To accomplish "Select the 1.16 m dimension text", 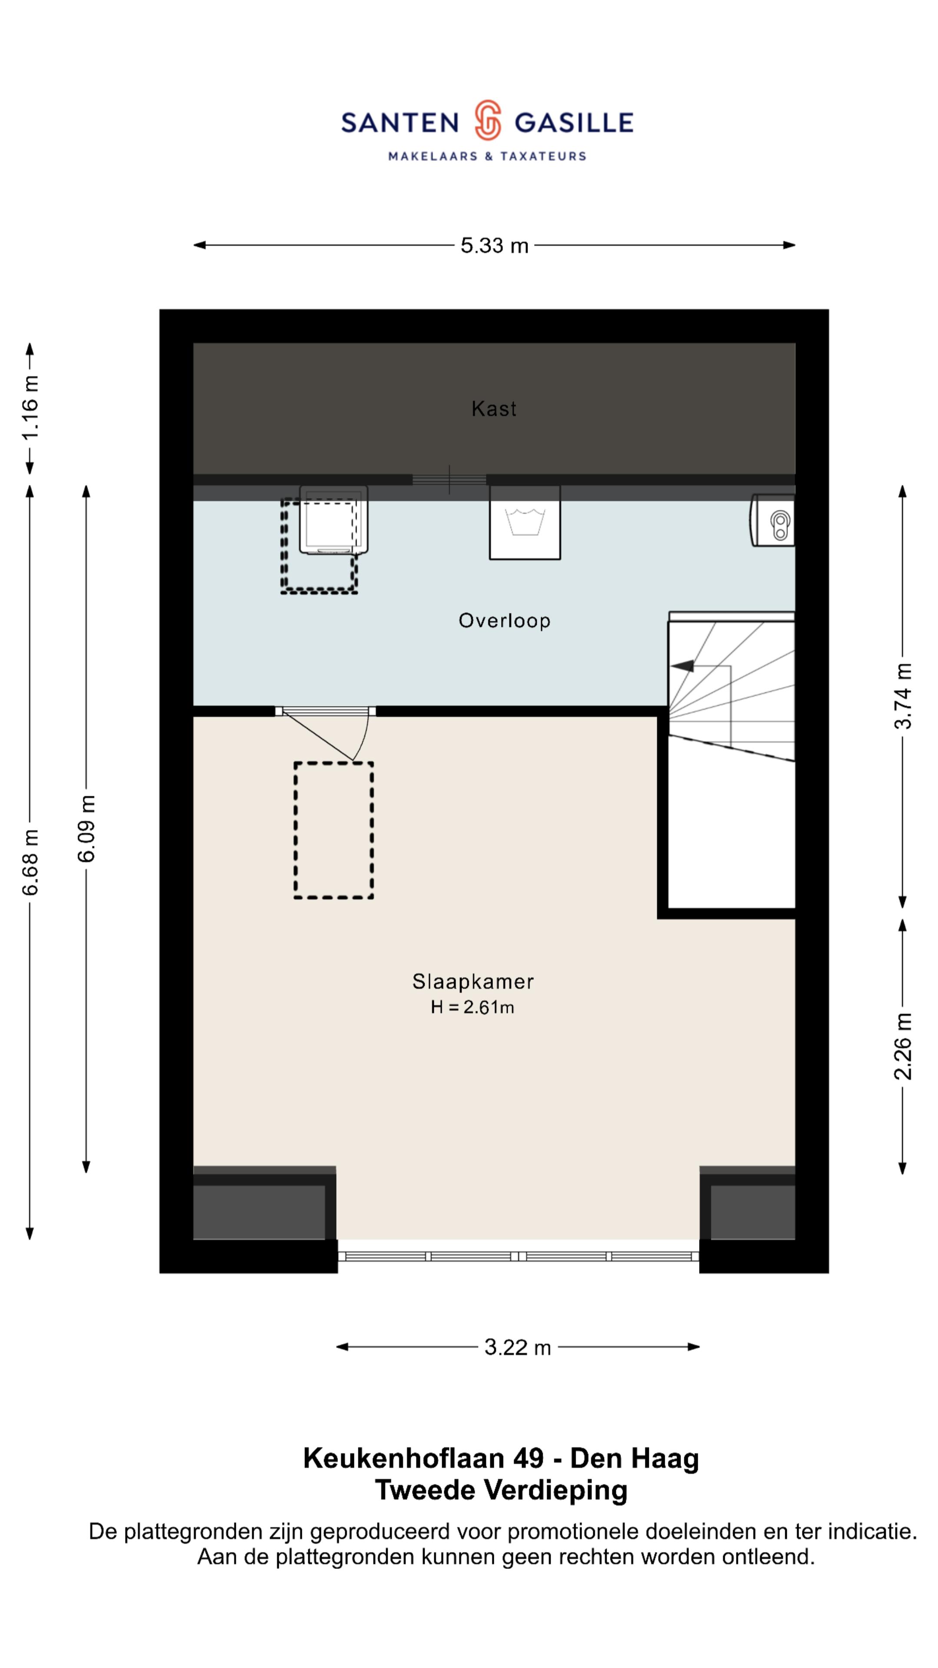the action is (x=30, y=407).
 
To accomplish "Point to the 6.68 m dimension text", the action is (x=30, y=862).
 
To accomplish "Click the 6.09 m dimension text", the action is (x=86, y=828).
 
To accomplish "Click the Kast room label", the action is (x=494, y=409).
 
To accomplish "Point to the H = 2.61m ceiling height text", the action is (x=472, y=1008).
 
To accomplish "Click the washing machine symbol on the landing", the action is (x=524, y=522).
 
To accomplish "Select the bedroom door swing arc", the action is (x=363, y=737).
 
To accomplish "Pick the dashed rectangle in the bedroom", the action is (x=334, y=830).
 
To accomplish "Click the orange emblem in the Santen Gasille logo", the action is (x=487, y=120).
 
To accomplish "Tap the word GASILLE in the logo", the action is (x=574, y=122).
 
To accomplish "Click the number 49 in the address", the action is (x=528, y=1458).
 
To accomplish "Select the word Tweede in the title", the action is (x=426, y=1489).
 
